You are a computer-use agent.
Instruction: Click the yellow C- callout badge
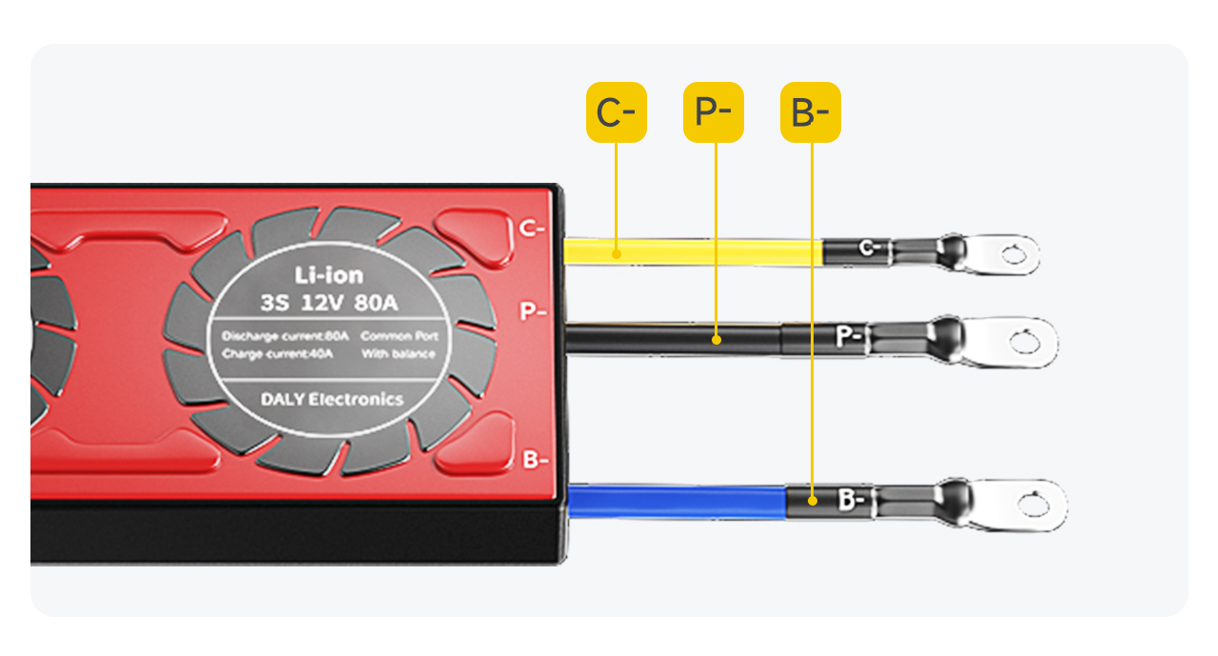(616, 112)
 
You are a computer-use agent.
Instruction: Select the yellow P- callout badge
(714, 112)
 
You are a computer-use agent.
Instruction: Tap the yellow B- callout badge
(811, 112)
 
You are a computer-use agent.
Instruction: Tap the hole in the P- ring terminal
(1026, 341)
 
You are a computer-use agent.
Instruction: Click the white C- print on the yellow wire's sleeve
(866, 249)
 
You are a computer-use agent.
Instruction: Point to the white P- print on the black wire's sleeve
(849, 336)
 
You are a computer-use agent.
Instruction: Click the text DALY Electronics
(331, 400)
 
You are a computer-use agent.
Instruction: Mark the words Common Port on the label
(398, 336)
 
